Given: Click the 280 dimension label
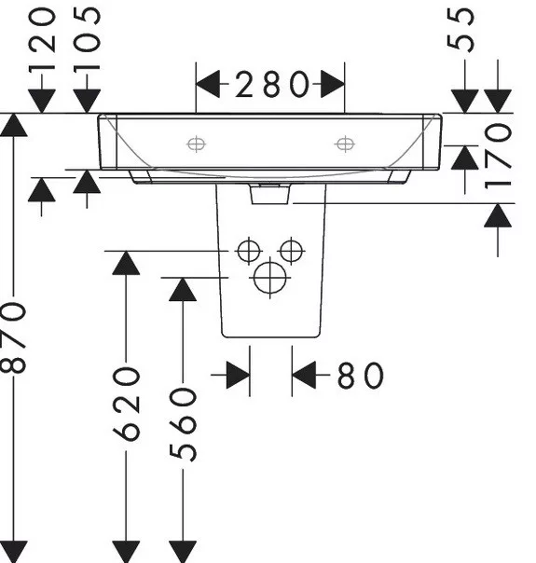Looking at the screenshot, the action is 272,85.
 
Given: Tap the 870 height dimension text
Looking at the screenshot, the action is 13,338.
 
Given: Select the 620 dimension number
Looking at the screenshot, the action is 126,405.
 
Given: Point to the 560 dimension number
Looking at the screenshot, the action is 183,425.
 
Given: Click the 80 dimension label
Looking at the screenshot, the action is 361,376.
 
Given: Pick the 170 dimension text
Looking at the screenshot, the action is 498,157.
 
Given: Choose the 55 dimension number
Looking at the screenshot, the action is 460,30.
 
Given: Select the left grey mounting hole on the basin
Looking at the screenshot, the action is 197,144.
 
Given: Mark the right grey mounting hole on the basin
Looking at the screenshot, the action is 345,144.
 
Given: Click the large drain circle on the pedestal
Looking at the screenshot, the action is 270,278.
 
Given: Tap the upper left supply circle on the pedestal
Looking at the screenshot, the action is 249,251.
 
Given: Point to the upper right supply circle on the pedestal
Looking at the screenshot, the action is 291,251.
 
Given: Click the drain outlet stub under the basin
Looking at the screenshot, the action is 270,194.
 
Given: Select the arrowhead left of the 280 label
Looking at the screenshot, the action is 208,84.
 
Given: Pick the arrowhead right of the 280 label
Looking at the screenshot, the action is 333,84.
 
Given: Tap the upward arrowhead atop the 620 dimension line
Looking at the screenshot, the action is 126,263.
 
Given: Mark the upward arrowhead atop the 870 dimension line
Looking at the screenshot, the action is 13,125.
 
